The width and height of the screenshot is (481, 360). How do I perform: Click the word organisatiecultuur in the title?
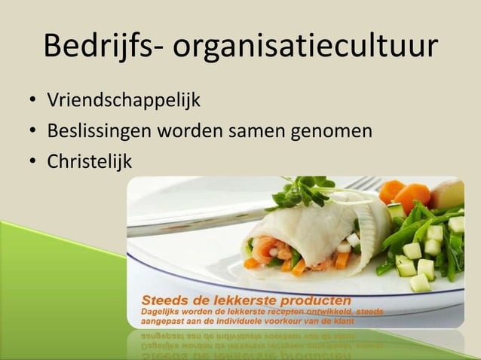pyautogui.click(x=305, y=47)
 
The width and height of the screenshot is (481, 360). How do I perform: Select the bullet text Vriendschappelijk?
pyautogui.click(x=124, y=99)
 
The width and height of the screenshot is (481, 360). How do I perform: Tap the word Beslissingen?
pyautogui.click(x=99, y=131)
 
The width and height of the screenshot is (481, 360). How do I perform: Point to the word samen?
pyautogui.click(x=253, y=131)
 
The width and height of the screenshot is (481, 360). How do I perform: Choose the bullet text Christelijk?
pyautogui.click(x=89, y=161)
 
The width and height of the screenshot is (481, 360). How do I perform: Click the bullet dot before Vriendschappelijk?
pyautogui.click(x=32, y=100)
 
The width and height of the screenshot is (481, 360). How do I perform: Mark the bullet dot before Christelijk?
pyautogui.click(x=32, y=162)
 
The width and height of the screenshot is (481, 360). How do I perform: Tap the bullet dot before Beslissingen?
pyautogui.click(x=32, y=131)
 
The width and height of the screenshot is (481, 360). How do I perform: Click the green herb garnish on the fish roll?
pyautogui.click(x=302, y=192)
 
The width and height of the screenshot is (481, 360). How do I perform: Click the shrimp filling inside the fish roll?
pyautogui.click(x=268, y=249)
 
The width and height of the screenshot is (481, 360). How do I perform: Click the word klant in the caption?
pyautogui.click(x=342, y=321)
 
